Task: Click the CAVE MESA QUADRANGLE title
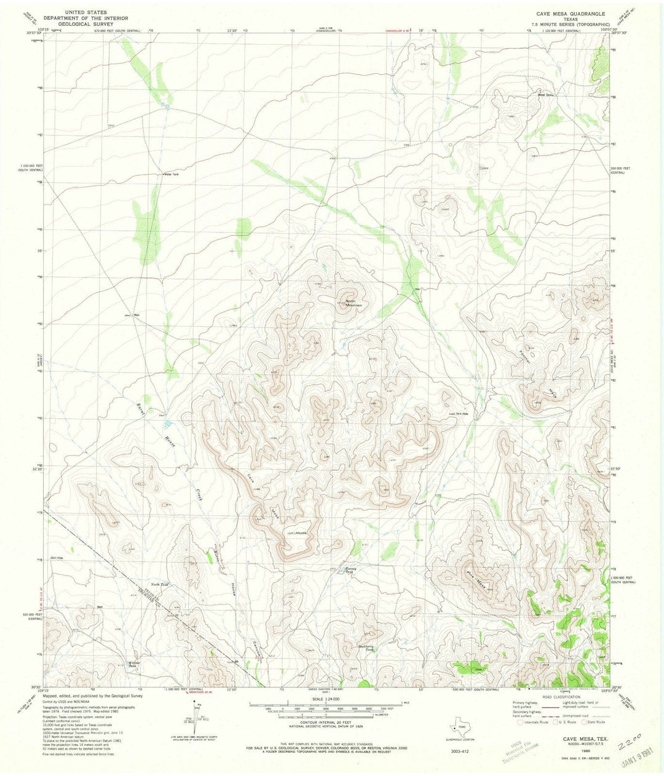pyautogui.click(x=570, y=13)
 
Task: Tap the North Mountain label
pyautogui.click(x=354, y=303)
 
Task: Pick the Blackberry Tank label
pyautogui.click(x=366, y=647)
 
